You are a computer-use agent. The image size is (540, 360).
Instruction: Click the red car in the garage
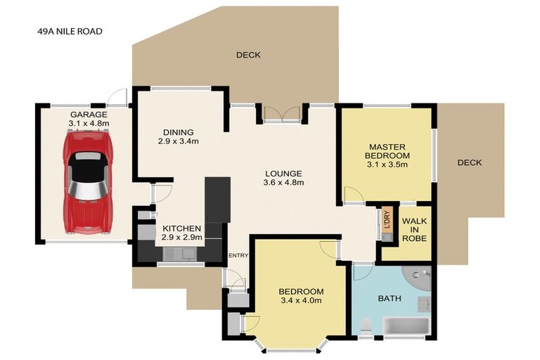click(x=88, y=182)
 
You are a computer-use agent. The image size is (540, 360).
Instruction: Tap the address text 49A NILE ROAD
click(x=70, y=32)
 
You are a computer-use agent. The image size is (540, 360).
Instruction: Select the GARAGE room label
click(x=89, y=115)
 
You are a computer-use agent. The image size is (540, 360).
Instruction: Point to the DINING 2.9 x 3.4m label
click(x=179, y=136)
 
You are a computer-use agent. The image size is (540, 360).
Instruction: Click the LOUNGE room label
click(x=283, y=174)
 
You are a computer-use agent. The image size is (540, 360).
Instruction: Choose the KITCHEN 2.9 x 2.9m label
click(x=182, y=233)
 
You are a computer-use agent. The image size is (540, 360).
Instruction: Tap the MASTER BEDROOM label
click(x=387, y=152)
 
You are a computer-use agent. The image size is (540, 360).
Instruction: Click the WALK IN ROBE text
click(x=414, y=229)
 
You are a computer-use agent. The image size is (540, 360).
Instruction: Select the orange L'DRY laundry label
click(x=387, y=219)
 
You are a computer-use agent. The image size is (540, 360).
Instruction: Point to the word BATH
click(x=390, y=298)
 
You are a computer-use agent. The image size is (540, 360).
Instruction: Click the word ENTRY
click(x=238, y=255)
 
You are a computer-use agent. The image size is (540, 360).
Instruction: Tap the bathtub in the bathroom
click(x=406, y=326)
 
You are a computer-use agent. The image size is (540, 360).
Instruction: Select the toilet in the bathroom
click(x=365, y=326)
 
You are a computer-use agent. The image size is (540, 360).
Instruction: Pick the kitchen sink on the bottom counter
click(x=179, y=254)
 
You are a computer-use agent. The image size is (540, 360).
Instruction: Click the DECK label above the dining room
click(x=248, y=55)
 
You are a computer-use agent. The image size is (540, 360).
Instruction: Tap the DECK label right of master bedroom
click(x=470, y=162)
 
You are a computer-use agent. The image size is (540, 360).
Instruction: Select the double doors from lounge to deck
click(x=282, y=113)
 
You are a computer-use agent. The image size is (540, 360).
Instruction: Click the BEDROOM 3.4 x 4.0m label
click(x=302, y=296)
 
